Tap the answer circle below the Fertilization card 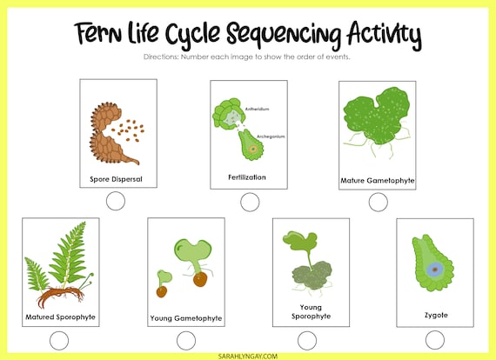(x=250, y=202)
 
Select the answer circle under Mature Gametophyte (x=378, y=202)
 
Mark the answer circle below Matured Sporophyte (x=59, y=341)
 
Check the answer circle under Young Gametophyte (x=186, y=341)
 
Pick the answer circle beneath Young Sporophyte (x=312, y=341)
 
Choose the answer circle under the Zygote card (x=435, y=341)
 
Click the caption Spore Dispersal (x=116, y=179)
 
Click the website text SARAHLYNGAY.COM (x=247, y=354)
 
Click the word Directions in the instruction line (x=160, y=57)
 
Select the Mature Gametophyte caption (x=377, y=182)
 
